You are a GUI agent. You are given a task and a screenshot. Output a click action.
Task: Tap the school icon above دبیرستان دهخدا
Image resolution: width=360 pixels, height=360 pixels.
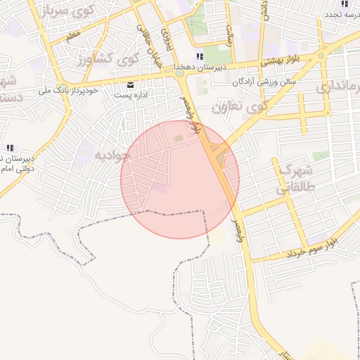[x=200, y=56]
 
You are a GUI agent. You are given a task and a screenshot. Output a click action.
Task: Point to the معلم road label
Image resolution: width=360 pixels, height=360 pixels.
[x=73, y=34]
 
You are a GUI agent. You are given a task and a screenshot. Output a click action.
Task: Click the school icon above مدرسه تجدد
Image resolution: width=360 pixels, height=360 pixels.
[x=344, y=4]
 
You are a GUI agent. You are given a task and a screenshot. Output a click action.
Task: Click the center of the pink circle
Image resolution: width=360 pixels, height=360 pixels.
[x=180, y=179]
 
